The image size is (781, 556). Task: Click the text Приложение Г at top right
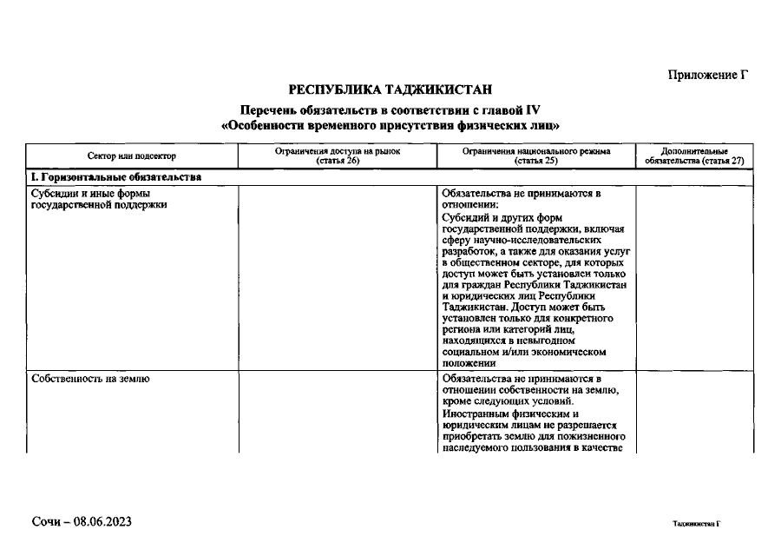(x=707, y=75)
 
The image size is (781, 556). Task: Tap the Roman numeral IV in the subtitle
(x=531, y=110)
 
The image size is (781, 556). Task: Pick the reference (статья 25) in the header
(x=535, y=161)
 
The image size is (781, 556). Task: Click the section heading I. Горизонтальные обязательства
(x=116, y=177)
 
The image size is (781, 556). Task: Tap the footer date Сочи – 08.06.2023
(x=81, y=521)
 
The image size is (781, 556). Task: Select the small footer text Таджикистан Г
(x=696, y=525)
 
